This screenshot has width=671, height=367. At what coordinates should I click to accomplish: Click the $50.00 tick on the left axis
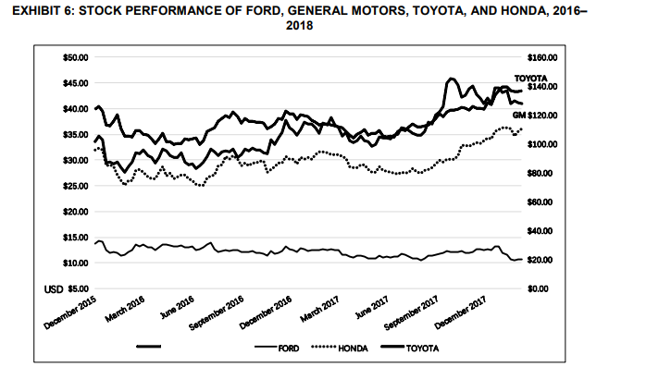tap(74, 57)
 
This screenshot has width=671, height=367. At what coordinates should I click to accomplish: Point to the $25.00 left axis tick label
tap(74, 186)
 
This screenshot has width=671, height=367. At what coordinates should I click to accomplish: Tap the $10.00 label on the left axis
tap(74, 263)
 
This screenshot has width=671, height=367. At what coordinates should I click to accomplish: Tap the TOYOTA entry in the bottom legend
tap(421, 349)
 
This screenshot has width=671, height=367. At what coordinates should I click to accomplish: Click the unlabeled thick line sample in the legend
tap(149, 349)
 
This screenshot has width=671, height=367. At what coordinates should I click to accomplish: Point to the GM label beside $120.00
tap(518, 115)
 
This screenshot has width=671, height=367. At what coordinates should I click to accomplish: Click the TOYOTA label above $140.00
tap(529, 78)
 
